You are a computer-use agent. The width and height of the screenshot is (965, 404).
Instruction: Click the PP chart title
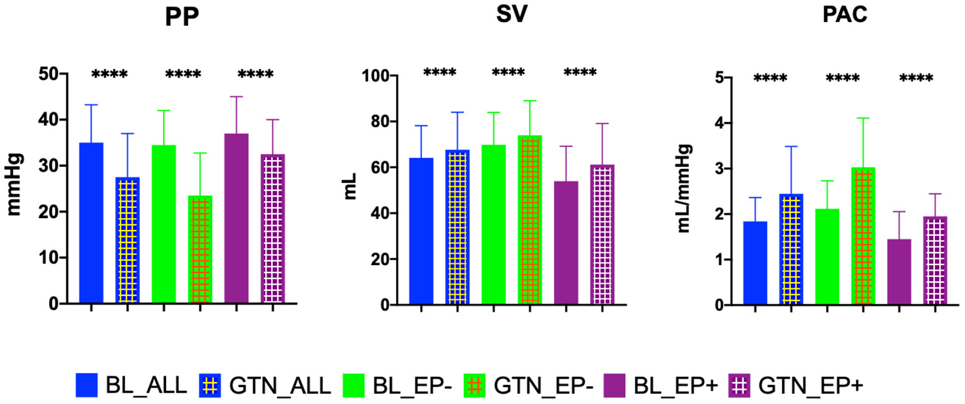(x=182, y=18)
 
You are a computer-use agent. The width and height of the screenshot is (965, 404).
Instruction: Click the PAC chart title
(x=845, y=18)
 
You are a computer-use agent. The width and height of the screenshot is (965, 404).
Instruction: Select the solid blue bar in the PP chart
(x=91, y=223)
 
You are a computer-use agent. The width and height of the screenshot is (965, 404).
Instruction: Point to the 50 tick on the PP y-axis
(x=55, y=74)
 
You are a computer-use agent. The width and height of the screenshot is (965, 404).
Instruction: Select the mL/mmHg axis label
(x=686, y=188)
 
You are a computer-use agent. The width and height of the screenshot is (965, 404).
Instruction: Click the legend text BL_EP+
(x=686, y=383)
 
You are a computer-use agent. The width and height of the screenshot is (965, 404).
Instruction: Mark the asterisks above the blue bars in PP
(x=109, y=75)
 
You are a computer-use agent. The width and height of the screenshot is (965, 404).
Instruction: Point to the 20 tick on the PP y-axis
(x=55, y=212)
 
